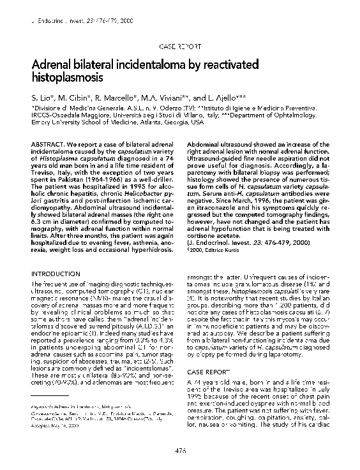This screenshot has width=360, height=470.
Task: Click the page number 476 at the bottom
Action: click(x=180, y=451)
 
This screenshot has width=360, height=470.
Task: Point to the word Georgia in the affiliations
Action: click(x=162, y=122)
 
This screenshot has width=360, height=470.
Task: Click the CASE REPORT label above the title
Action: click(x=179, y=47)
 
